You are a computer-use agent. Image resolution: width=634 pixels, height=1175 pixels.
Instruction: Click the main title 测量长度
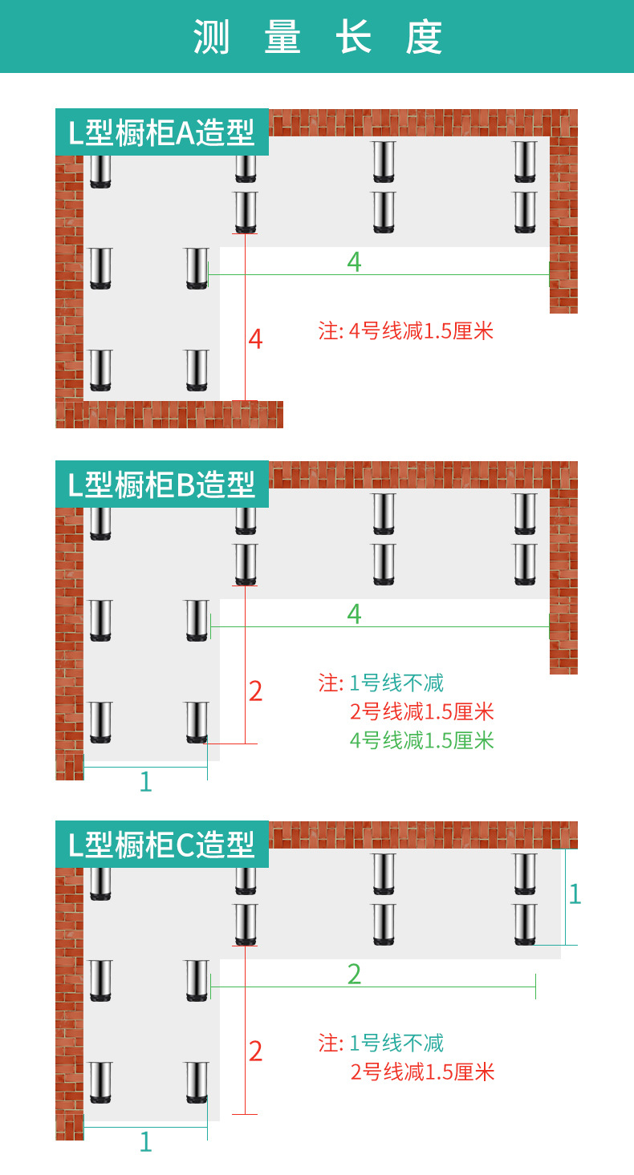(x=317, y=37)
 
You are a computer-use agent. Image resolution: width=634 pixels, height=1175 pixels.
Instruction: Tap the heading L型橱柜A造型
(x=161, y=132)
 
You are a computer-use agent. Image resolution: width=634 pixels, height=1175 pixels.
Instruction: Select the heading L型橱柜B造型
(x=161, y=484)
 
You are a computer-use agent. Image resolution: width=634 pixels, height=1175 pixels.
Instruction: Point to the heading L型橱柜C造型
(x=161, y=845)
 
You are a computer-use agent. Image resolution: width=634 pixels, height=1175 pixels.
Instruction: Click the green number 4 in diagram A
(x=354, y=261)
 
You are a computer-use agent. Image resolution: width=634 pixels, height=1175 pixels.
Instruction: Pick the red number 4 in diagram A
(x=255, y=339)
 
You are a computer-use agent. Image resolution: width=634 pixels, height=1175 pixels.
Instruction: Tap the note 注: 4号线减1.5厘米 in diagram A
(x=406, y=330)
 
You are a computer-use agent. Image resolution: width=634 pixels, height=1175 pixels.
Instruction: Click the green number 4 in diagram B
(x=354, y=614)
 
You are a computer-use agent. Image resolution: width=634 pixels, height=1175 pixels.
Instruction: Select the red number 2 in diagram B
(x=255, y=691)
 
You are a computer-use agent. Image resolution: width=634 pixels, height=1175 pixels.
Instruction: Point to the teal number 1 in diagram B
(x=145, y=781)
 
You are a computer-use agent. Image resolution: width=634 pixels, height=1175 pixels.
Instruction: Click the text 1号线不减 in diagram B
(x=396, y=683)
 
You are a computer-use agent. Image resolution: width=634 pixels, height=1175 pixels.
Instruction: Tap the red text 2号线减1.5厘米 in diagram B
(x=422, y=711)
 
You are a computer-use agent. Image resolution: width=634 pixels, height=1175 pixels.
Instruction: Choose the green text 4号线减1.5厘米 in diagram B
(x=422, y=739)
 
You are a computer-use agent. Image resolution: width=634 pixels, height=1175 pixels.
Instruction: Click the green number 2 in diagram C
(x=354, y=974)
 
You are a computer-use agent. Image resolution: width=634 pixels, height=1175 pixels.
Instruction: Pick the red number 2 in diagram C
(x=255, y=1051)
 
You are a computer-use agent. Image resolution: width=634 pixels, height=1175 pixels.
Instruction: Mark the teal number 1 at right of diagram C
(x=574, y=893)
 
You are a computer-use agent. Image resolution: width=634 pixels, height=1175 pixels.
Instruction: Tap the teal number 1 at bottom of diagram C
(x=145, y=1141)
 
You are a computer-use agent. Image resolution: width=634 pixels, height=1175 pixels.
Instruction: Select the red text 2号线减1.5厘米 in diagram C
(x=422, y=1072)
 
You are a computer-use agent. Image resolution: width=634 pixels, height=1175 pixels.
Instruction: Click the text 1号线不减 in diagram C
(x=396, y=1043)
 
